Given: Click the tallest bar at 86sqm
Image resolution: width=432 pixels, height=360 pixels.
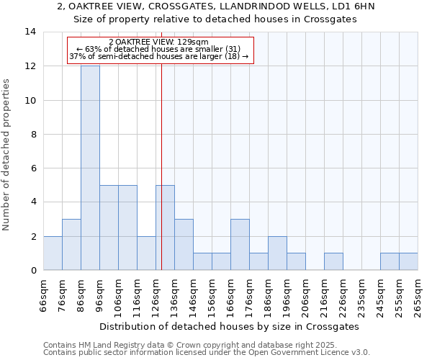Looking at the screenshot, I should pos(90,168).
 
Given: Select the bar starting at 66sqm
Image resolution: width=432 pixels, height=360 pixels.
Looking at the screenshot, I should pos(53,253).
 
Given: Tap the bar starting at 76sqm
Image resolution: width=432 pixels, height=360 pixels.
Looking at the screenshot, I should pos(71,245).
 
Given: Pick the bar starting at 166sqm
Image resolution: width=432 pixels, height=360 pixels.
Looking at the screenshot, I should pos(240,245).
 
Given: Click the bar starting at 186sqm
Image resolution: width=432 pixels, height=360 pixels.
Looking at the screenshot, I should pos(277,253).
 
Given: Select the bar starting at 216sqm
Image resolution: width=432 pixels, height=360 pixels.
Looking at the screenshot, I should pos(333,261).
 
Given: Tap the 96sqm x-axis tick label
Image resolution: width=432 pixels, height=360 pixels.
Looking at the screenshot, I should pos(100,295).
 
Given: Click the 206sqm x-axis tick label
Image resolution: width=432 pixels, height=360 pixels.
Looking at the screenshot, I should pos(306,295).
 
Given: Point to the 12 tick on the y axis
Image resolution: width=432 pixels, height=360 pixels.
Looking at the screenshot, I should pos(30,66).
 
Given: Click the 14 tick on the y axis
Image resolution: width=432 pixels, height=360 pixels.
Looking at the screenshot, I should pos(30,32).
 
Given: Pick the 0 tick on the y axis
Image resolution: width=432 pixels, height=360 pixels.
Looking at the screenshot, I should pos(33,270).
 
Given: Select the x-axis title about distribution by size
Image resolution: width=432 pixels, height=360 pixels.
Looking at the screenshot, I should pos(229,326).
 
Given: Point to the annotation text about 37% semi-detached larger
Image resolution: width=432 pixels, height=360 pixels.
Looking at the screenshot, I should pos(159,56).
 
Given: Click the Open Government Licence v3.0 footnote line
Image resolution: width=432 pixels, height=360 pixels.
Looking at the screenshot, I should pos(207,353).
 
